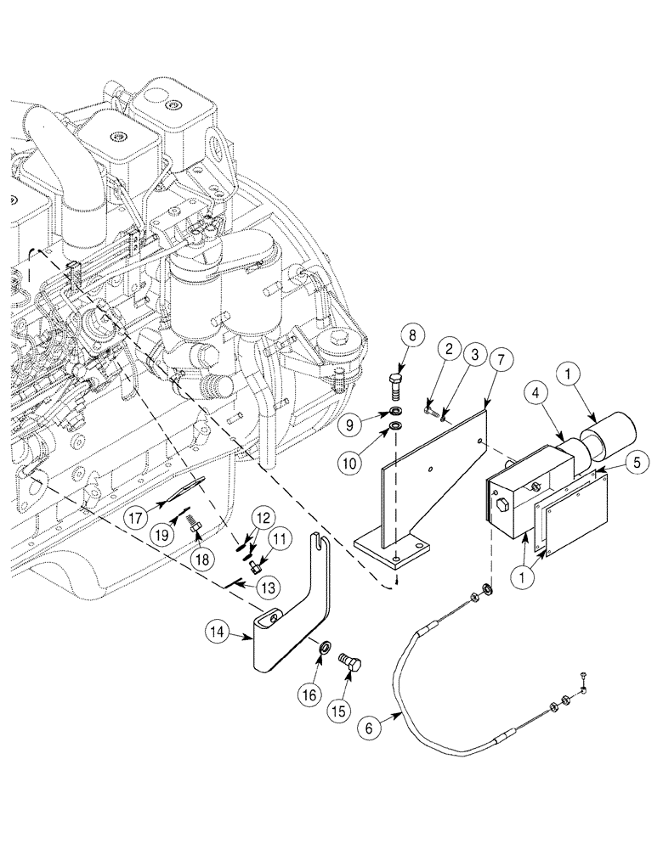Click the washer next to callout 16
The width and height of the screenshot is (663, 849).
tap(325, 649)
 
